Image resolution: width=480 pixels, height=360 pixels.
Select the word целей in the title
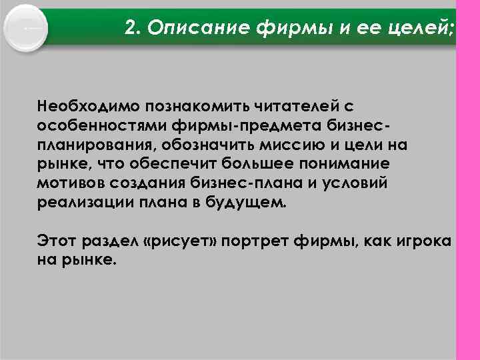coord(421,28)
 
